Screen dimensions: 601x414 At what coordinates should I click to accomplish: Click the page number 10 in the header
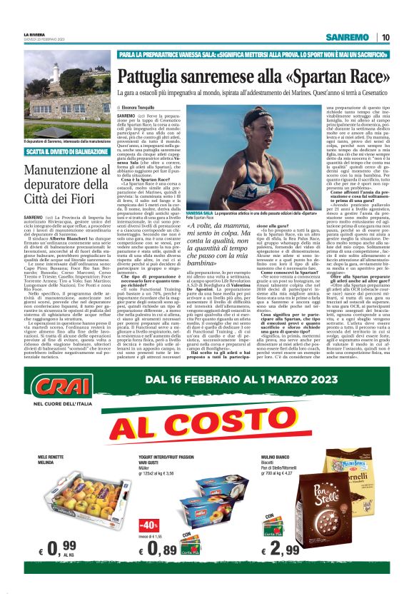coord(385,36)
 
